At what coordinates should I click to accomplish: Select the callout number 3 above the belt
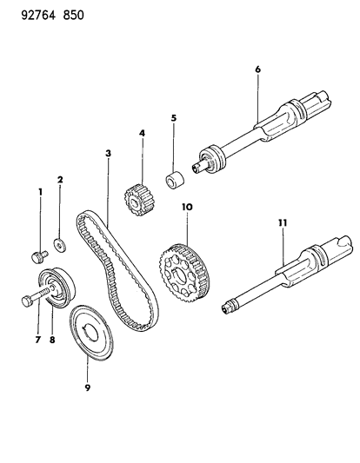[107, 153]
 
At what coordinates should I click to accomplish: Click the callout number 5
[173, 116]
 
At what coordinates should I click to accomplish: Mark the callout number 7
[37, 340]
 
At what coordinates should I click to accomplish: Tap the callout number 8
[52, 340]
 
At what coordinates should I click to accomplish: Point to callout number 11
[282, 223]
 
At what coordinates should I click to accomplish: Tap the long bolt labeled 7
[29, 301]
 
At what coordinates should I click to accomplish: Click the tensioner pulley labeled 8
[59, 287]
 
